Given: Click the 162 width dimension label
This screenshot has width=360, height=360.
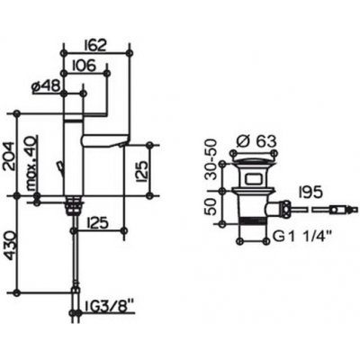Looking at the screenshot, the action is (x=95, y=46).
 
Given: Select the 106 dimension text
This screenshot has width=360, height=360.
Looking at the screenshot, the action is (x=84, y=66).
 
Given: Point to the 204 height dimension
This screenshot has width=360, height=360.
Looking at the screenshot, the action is (x=9, y=156).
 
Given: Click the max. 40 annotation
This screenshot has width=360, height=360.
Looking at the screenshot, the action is (x=31, y=164).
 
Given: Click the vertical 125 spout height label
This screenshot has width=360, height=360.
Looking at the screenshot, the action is (x=141, y=172).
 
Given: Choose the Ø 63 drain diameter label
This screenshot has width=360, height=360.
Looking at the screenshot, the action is (x=256, y=141).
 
